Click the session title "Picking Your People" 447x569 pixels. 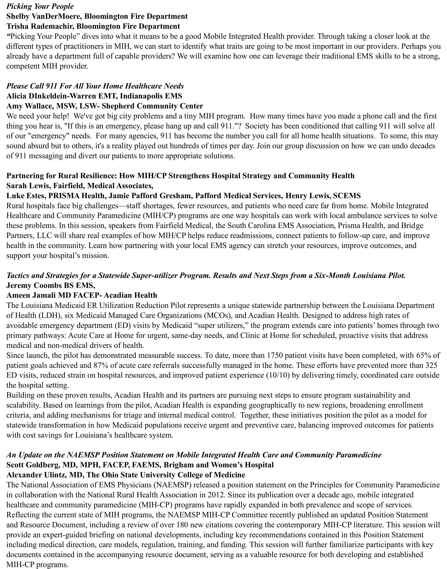click(40, 6)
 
